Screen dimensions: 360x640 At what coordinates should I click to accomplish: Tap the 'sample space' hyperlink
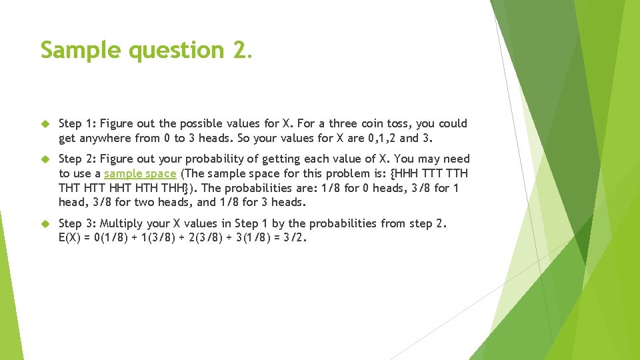pyautogui.click(x=140, y=173)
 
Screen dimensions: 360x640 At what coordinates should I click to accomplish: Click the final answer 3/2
pyautogui.click(x=295, y=238)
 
